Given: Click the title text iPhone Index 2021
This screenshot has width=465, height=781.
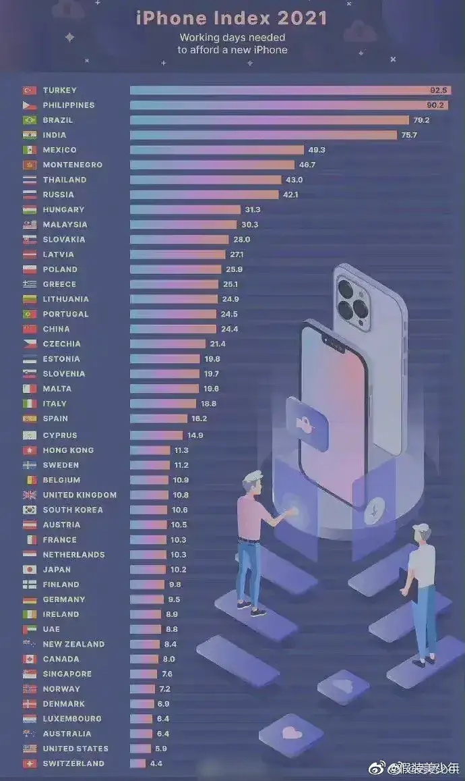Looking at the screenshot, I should pos(232,18).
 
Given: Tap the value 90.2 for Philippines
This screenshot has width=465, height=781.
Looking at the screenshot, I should pos(437,105).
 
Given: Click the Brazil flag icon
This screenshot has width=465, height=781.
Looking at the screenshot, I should pos(29,120).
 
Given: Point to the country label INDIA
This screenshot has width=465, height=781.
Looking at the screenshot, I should pos(55,135).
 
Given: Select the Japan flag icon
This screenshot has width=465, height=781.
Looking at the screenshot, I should pos(29,570).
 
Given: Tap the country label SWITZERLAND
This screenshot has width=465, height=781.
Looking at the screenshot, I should pos(73,763).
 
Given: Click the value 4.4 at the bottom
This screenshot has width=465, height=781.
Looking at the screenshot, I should pos(156,763).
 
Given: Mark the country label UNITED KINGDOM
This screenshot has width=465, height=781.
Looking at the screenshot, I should pos(80,495).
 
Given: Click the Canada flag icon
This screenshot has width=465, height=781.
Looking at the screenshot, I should pos(29,659).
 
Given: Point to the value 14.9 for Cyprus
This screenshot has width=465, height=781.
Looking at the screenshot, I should pos(195,435).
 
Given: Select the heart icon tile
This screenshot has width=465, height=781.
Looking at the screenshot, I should pos(291,732).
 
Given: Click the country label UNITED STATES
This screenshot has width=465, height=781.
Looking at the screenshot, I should pos(75,749).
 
